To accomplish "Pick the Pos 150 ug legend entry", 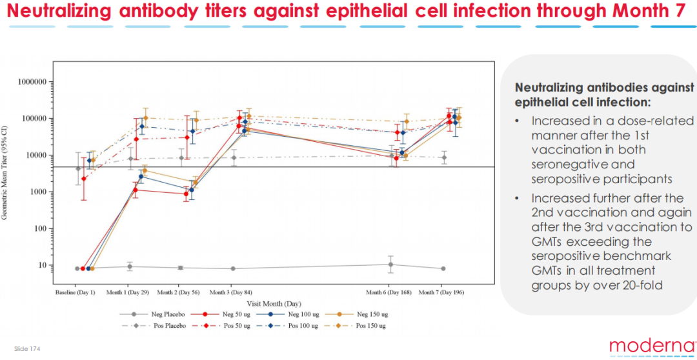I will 370,326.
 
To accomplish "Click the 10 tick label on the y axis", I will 43,265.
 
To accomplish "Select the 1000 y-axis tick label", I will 39,192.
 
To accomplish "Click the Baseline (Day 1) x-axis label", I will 75,292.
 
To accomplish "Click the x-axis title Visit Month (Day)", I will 275,303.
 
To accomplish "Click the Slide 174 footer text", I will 27,349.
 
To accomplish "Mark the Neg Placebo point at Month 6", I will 390,265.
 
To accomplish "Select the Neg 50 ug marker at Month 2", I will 186,194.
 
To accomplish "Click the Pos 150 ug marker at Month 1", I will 145,118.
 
